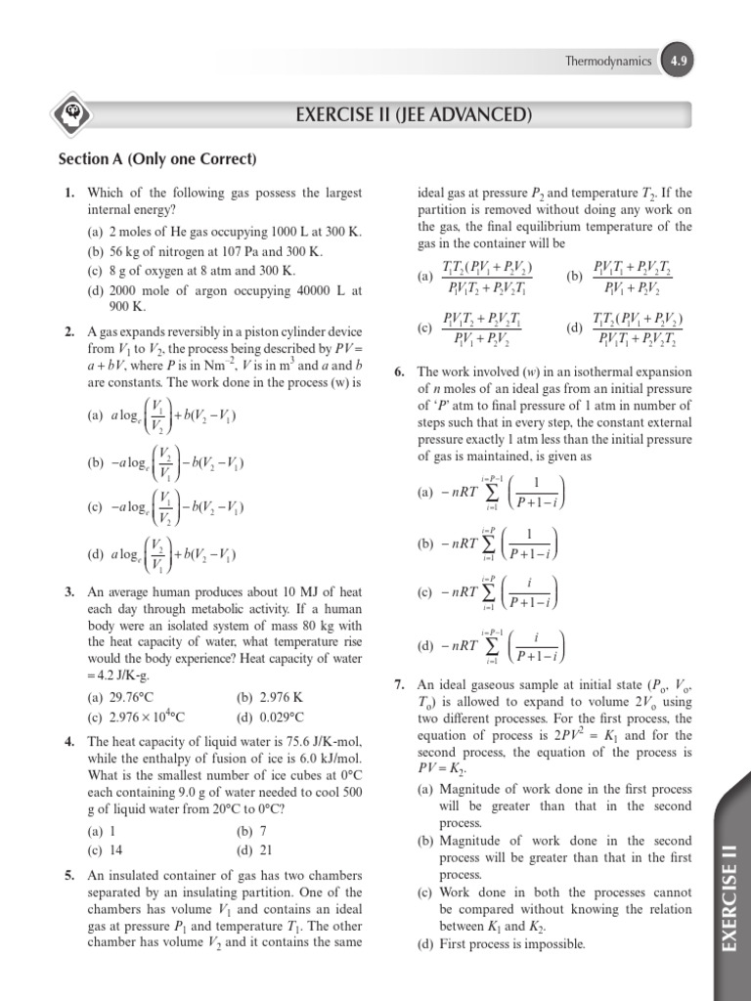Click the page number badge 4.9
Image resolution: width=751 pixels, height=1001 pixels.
pyautogui.click(x=678, y=61)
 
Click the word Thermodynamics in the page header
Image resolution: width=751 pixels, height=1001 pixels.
pyautogui.click(x=608, y=61)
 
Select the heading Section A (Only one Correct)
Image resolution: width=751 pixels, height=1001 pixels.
pyautogui.click(x=157, y=159)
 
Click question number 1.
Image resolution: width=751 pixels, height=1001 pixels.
pyautogui.click(x=70, y=194)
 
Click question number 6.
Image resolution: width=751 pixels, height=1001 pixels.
pyautogui.click(x=399, y=372)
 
